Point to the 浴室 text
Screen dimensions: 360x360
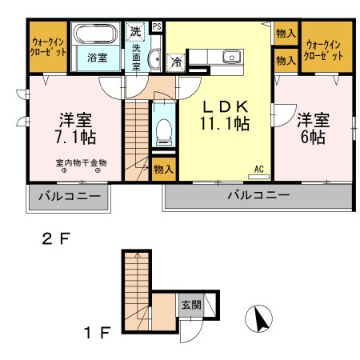[97, 58]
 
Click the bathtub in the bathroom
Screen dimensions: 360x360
[96, 37]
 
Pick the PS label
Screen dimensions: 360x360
[156, 26]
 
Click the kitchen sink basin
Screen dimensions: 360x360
[233, 57]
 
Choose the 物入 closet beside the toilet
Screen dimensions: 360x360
[163, 169]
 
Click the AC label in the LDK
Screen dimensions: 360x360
[258, 169]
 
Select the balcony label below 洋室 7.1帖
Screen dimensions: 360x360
[66, 196]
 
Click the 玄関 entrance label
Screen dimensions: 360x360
[191, 304]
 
